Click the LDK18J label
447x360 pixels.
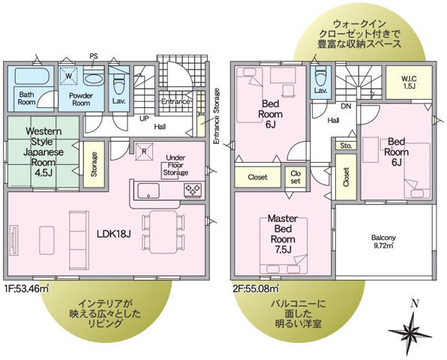[x=113, y=233]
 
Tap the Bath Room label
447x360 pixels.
[x=27, y=99]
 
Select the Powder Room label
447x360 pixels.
[x=80, y=99]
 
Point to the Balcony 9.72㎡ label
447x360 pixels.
[x=382, y=241]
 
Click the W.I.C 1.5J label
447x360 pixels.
[x=408, y=82]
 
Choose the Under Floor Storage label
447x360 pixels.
[x=176, y=165]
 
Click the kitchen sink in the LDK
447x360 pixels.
[x=146, y=190]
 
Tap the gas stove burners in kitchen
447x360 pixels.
[x=192, y=190]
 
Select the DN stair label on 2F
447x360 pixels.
[x=347, y=106]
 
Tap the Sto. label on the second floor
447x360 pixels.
[x=346, y=145]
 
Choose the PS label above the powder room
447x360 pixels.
[x=94, y=55]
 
